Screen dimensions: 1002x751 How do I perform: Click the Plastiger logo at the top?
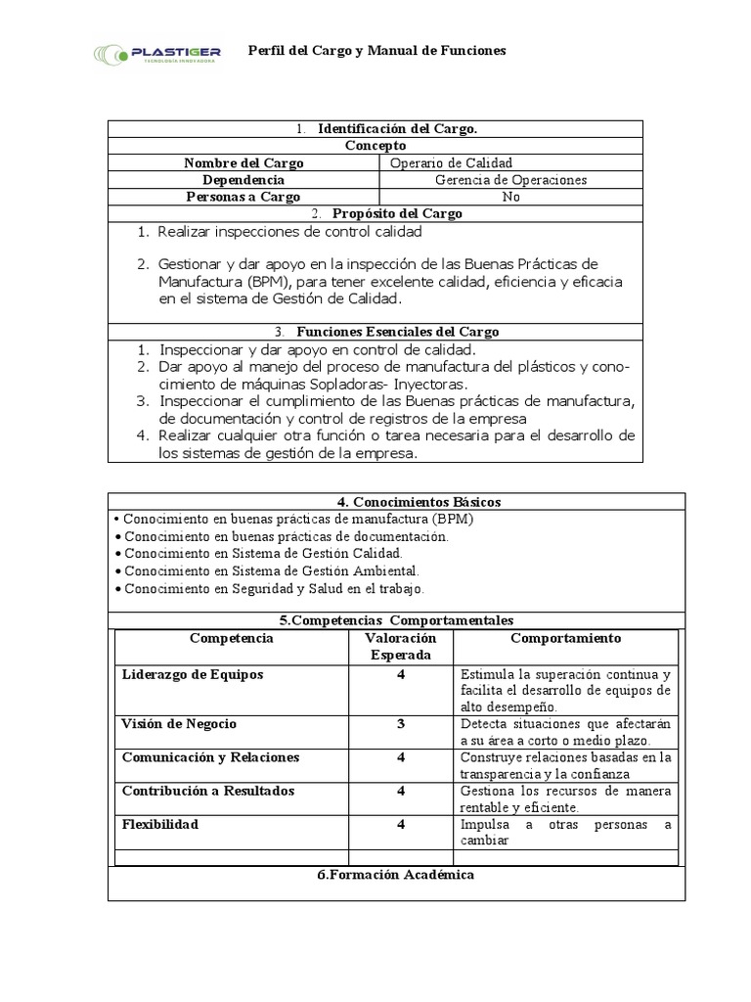tap(157, 53)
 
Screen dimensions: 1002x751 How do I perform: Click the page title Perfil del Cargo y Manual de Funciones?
tap(377, 50)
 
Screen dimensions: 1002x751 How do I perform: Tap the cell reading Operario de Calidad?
tap(451, 162)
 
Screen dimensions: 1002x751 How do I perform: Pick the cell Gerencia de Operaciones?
tap(510, 180)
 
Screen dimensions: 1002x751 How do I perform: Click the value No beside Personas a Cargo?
tap(510, 197)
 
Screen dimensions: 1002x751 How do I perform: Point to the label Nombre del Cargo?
tap(243, 162)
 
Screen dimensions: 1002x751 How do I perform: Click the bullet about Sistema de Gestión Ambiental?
tap(271, 570)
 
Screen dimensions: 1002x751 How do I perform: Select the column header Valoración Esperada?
tap(401, 646)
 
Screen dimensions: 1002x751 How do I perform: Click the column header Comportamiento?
tap(565, 638)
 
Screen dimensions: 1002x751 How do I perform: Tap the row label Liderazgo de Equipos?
tap(193, 675)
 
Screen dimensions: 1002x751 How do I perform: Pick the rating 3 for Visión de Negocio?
tap(401, 724)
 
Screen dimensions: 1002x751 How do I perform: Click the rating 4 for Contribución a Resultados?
tap(401, 791)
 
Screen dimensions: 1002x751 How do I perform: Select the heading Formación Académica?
tap(396, 874)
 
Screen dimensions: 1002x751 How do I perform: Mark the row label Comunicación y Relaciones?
tap(210, 757)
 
